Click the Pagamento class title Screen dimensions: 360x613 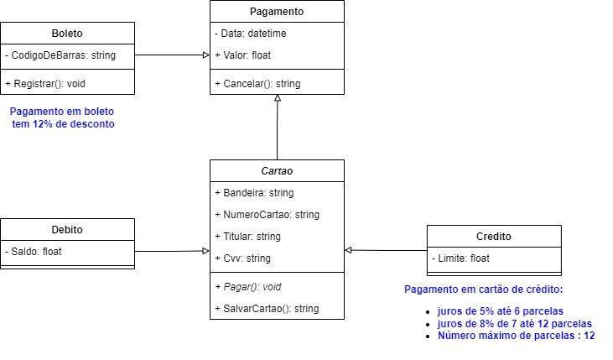[277, 12]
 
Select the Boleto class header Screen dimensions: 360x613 [67, 34]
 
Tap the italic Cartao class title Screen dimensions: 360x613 [277, 171]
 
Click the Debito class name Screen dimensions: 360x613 [67, 229]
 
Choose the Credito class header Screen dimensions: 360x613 [494, 237]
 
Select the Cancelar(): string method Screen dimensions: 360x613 [257, 84]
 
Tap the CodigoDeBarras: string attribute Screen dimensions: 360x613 [60, 55]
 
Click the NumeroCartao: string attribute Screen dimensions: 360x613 [267, 215]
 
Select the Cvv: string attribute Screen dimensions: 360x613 [244, 258]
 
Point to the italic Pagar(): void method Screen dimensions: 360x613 [248, 287]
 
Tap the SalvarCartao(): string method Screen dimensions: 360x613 [267, 309]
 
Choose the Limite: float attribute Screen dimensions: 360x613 [462, 258]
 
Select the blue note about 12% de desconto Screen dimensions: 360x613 [62, 117]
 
